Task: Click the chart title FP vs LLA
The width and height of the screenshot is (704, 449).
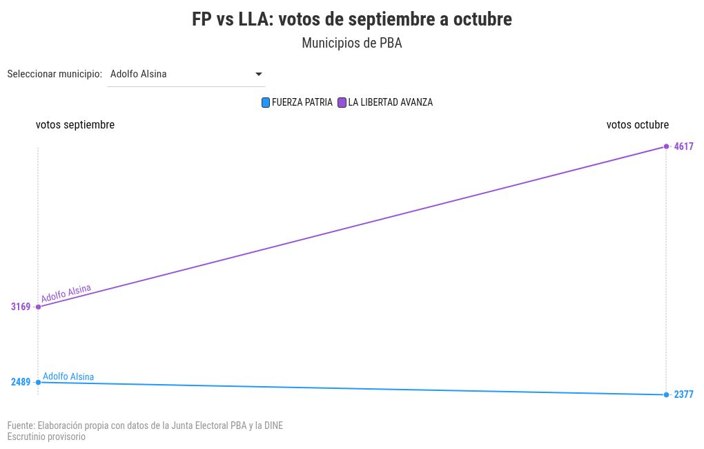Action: [x=351, y=19]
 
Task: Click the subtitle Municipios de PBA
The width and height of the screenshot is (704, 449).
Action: [x=351, y=43]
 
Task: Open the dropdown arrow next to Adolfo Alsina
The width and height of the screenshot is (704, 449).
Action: [x=259, y=74]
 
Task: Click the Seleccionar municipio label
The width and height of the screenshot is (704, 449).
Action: [x=55, y=74]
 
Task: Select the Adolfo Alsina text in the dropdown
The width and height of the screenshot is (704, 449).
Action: [x=138, y=74]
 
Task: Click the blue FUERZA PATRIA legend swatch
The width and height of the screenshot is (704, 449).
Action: [x=266, y=103]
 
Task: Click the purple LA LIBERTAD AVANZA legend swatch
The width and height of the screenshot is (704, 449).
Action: [x=341, y=103]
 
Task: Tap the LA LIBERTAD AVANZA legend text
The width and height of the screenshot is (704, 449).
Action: [x=390, y=102]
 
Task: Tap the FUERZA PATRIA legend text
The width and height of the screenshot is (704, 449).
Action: [x=302, y=102]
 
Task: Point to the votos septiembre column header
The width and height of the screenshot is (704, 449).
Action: [x=75, y=125]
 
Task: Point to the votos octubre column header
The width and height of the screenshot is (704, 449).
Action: [x=637, y=125]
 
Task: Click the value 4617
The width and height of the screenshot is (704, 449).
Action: [x=683, y=146]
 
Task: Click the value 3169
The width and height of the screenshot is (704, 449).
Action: [x=21, y=307]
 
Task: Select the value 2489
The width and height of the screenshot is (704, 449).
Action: [x=21, y=382]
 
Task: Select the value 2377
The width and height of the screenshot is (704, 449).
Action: [x=683, y=395]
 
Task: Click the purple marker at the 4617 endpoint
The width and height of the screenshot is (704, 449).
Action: [x=666, y=146]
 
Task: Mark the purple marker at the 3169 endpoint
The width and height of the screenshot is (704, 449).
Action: [x=38, y=307]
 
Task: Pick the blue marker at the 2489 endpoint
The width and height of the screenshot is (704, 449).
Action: [x=38, y=382]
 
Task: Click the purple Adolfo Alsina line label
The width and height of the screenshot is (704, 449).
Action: [x=66, y=294]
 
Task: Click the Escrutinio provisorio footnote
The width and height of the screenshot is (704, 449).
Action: [x=46, y=437]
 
